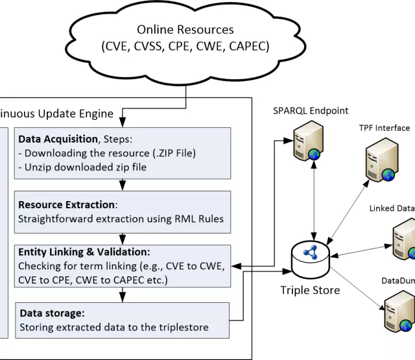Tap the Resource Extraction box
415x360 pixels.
point(124,211)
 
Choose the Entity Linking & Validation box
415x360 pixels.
point(124,266)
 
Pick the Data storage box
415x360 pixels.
point(124,320)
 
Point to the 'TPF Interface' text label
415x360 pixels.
point(384,128)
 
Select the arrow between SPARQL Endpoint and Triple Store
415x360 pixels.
point(314,201)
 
